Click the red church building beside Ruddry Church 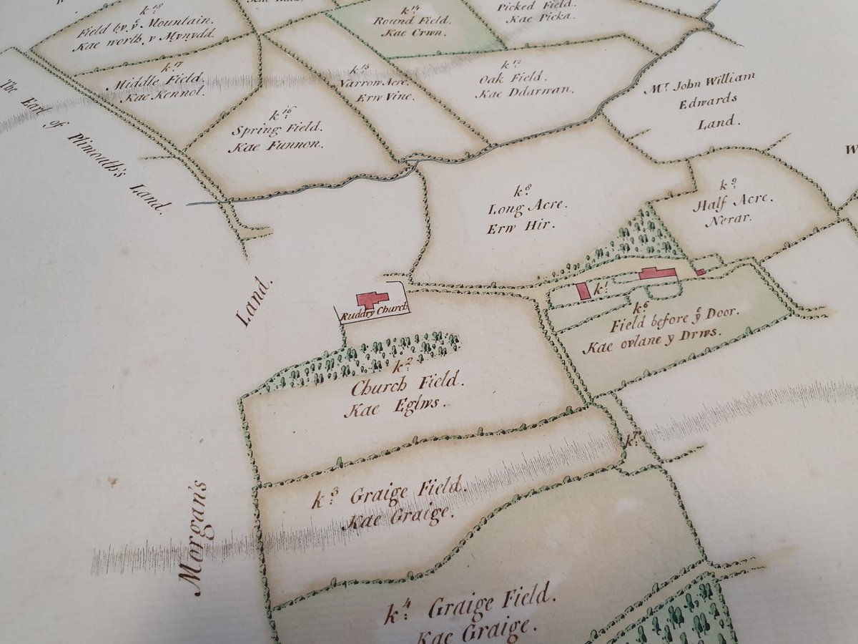click(x=372, y=298)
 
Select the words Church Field click(x=408, y=387)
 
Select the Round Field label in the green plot click(x=410, y=20)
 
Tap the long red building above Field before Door click(x=657, y=273)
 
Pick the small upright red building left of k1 click(x=583, y=291)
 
